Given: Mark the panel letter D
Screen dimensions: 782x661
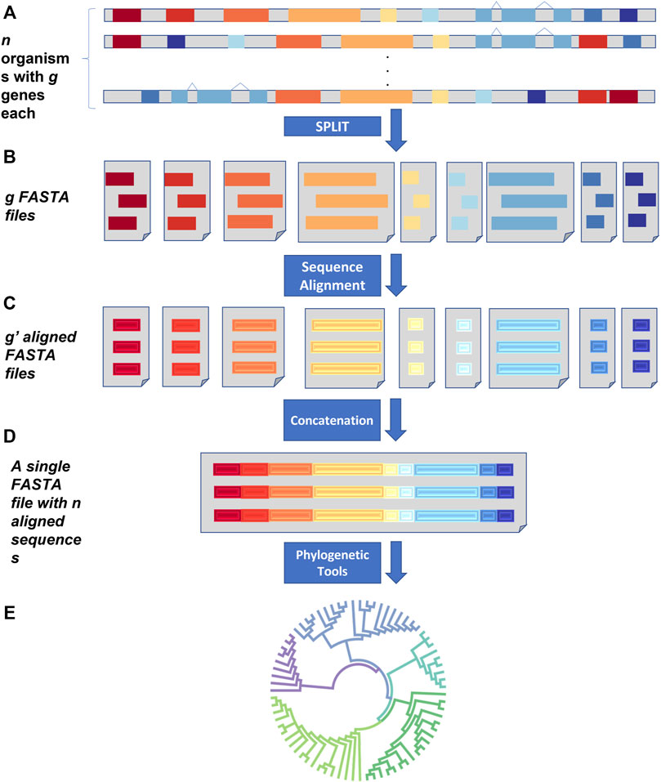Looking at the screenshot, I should point(11,446).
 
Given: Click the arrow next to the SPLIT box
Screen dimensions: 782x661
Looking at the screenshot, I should point(396,132).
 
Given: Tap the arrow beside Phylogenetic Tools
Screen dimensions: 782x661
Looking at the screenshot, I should point(396,565).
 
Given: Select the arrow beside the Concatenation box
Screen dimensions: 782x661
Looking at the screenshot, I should point(396,422).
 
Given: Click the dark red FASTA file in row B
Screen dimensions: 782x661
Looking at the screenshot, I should point(130,201).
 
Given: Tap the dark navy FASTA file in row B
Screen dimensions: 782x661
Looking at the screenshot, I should point(640,201).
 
